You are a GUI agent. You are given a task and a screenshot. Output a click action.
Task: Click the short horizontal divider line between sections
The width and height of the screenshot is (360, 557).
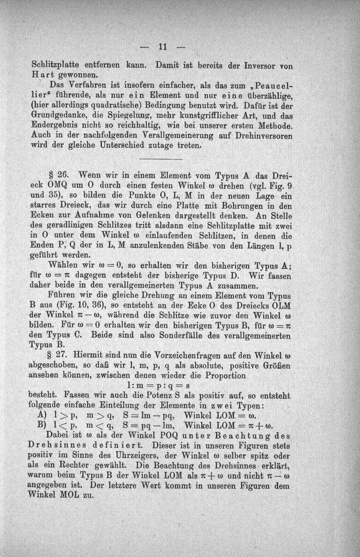(x=161, y=159)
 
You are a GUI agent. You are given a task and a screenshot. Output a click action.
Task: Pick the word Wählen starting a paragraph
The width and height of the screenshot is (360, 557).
(x=63, y=265)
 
